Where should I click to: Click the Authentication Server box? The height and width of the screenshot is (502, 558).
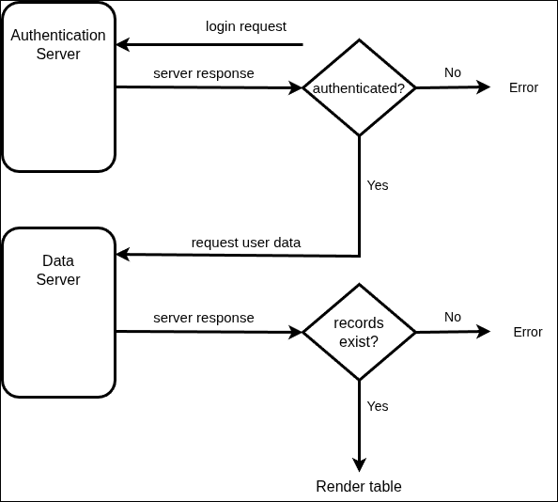tap(58, 86)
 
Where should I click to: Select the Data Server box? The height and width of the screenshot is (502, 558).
tap(58, 312)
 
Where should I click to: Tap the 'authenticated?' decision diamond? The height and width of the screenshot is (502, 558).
tap(359, 87)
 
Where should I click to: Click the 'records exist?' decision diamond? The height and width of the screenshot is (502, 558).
tap(359, 332)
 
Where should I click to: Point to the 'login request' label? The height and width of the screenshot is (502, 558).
tap(246, 26)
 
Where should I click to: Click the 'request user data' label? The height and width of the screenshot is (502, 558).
tap(246, 243)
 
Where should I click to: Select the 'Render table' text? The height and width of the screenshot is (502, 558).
tap(359, 486)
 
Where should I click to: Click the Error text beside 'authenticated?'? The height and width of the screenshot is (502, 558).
tap(523, 87)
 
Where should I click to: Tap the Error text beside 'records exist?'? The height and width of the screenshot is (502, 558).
tap(528, 332)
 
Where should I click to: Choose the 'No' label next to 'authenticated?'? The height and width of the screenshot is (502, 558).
tap(453, 72)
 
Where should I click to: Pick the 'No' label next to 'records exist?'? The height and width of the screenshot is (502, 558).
tap(453, 317)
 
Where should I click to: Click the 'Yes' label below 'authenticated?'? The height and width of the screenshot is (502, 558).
tap(378, 185)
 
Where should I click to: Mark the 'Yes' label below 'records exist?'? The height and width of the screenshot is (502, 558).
tap(378, 406)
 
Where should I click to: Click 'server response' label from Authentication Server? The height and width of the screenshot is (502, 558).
tap(204, 73)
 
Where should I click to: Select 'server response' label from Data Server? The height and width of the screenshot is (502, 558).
tap(204, 318)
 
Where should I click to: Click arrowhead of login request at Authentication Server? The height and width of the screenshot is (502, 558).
tap(122, 44)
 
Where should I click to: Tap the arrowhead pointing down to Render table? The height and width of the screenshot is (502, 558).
tap(359, 464)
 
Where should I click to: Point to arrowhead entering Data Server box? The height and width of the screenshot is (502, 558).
tap(122, 256)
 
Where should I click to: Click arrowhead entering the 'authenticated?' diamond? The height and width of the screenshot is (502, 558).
tap(296, 87)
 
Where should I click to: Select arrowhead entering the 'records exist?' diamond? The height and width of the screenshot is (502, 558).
tap(296, 332)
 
